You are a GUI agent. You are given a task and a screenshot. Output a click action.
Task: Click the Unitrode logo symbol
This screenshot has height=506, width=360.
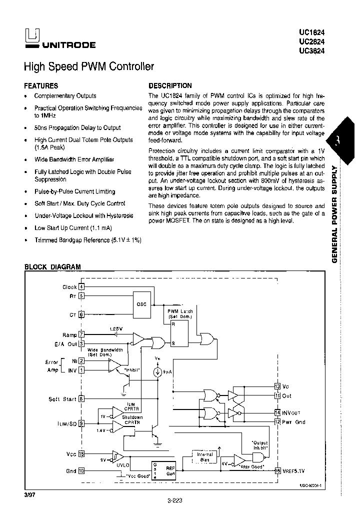click(x=32, y=35)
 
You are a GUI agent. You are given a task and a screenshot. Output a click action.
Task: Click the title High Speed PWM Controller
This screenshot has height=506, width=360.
click(x=89, y=66)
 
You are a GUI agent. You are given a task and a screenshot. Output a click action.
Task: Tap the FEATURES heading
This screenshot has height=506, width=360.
click(x=41, y=85)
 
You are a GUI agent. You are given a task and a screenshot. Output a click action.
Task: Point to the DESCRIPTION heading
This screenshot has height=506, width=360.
click(x=170, y=85)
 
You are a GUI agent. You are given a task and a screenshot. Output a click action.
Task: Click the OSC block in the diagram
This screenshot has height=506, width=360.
click(x=141, y=304)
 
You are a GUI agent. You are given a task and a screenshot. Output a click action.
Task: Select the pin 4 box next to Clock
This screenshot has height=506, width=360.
click(x=81, y=286)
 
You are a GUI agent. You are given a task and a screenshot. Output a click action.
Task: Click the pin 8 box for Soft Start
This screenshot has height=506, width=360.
click(x=81, y=398)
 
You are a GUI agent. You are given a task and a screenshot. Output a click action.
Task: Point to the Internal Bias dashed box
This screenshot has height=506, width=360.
click(x=205, y=457)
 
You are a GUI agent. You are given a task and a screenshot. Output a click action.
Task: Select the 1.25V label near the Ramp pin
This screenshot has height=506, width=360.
click(x=115, y=328)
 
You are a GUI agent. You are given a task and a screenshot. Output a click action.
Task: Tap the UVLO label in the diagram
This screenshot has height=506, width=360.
click(x=122, y=464)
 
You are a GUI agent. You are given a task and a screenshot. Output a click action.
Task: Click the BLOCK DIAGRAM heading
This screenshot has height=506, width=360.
click(x=52, y=267)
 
